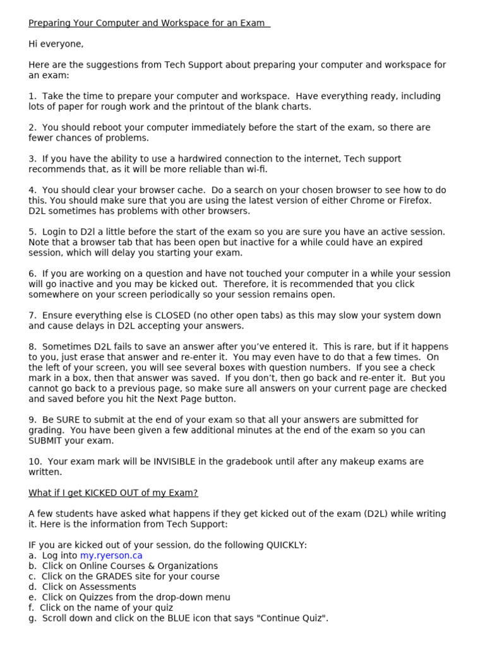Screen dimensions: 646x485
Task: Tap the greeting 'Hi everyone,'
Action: coord(56,44)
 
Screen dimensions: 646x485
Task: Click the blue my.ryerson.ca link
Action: coord(111,556)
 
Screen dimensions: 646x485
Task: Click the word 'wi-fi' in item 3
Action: coord(255,169)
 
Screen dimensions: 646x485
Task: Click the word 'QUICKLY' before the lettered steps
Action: coord(285,545)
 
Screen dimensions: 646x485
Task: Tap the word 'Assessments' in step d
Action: coord(99,587)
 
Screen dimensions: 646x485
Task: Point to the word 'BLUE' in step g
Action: coord(165,618)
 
